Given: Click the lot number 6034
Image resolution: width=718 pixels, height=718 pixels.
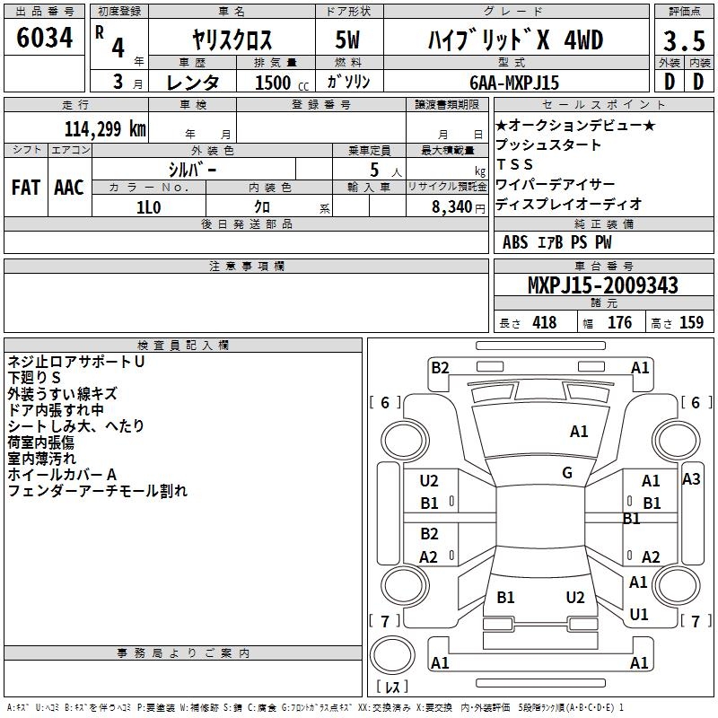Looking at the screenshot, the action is (x=44, y=38).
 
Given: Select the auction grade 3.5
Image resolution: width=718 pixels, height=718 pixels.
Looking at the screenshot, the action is (x=684, y=40).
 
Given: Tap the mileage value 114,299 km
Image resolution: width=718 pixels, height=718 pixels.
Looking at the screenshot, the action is (x=105, y=129).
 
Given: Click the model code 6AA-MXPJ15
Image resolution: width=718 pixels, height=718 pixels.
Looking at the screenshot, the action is (x=514, y=83).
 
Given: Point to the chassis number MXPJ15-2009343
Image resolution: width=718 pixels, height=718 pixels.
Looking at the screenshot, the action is (x=602, y=285).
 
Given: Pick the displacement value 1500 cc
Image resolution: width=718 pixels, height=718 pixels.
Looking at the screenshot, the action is (x=282, y=83).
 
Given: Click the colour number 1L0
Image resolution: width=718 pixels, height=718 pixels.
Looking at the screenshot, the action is (x=148, y=207).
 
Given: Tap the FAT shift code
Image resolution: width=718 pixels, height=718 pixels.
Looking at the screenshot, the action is (x=26, y=188).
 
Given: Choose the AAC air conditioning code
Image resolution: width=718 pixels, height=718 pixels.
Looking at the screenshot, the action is (x=69, y=188).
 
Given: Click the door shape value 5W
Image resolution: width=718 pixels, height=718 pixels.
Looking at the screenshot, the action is (x=347, y=39).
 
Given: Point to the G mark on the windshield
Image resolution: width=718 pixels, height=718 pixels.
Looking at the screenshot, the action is (x=567, y=473).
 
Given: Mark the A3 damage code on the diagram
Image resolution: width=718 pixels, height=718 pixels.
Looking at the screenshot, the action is (x=691, y=479).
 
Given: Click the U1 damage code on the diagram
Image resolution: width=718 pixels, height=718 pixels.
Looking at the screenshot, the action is (x=639, y=614).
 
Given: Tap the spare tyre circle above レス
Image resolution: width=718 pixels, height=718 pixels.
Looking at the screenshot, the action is (x=392, y=655).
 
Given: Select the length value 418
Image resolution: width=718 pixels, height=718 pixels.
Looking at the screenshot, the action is (x=545, y=323).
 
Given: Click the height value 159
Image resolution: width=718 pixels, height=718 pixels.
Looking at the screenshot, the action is (x=691, y=323).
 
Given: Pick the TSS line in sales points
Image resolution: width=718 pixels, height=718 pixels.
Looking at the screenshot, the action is (x=514, y=164).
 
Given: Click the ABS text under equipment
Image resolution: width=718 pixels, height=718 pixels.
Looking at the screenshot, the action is (x=515, y=242).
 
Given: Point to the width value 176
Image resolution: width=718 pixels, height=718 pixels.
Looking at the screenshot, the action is (x=619, y=323).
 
